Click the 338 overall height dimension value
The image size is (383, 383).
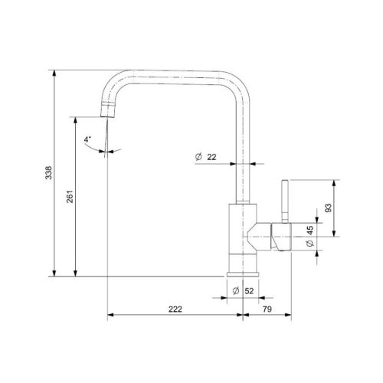click(48, 172)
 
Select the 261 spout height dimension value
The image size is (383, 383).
click(70, 196)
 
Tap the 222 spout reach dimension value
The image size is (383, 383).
click(175, 309)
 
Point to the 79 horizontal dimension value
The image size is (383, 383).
click(267, 309)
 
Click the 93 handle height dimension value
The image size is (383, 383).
click(329, 208)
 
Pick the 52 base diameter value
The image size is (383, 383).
click(249, 291)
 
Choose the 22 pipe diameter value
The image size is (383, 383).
click(211, 157)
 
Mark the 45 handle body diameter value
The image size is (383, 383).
click(309, 231)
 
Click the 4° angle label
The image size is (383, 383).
click(87, 139)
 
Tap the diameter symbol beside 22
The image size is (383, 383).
click(198, 157)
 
